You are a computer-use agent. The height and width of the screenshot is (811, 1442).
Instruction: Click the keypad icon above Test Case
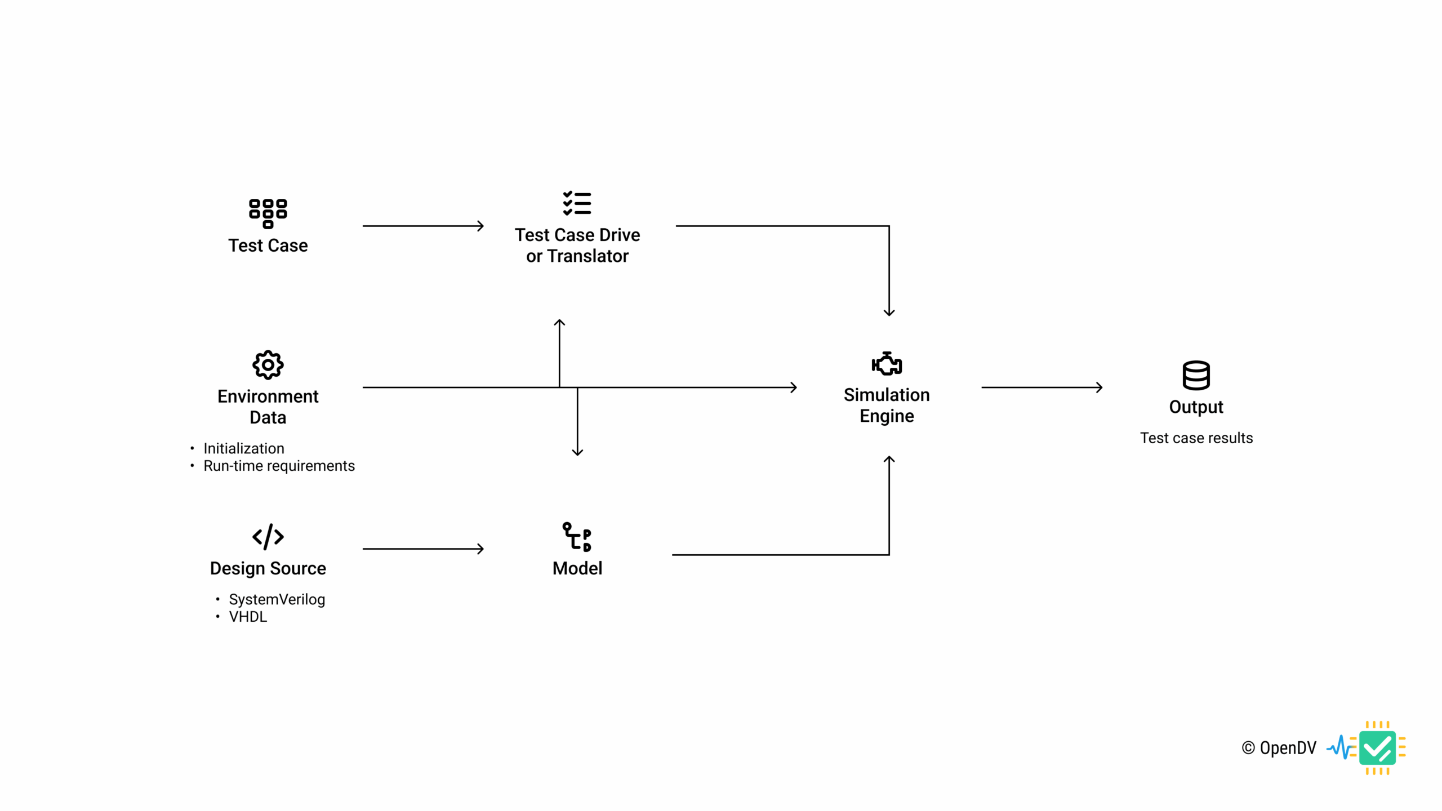(268, 213)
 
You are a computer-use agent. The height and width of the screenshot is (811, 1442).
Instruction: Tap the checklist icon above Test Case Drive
(577, 203)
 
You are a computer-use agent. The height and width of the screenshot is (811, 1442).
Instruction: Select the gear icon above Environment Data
(268, 365)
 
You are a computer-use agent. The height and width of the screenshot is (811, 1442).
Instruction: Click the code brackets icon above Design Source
(268, 536)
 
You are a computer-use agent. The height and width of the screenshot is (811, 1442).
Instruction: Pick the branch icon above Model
(577, 537)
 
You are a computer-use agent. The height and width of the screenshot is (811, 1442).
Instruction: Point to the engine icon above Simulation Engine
(887, 364)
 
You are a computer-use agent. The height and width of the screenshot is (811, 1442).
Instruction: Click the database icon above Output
(1196, 375)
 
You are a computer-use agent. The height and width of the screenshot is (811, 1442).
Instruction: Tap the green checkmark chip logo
(1377, 748)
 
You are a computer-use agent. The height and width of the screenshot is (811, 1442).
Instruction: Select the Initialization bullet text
(243, 448)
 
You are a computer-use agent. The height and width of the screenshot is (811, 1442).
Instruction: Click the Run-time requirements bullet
(279, 466)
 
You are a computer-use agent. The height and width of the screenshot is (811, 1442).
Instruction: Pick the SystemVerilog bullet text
(277, 599)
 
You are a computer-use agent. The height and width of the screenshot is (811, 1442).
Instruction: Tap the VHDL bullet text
(248, 617)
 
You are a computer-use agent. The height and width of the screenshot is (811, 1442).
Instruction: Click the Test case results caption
(1196, 438)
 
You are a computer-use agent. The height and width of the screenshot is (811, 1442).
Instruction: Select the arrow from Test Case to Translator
(422, 226)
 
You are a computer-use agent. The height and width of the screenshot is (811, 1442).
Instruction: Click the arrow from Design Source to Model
(422, 549)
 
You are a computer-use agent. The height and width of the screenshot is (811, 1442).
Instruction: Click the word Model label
(577, 568)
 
